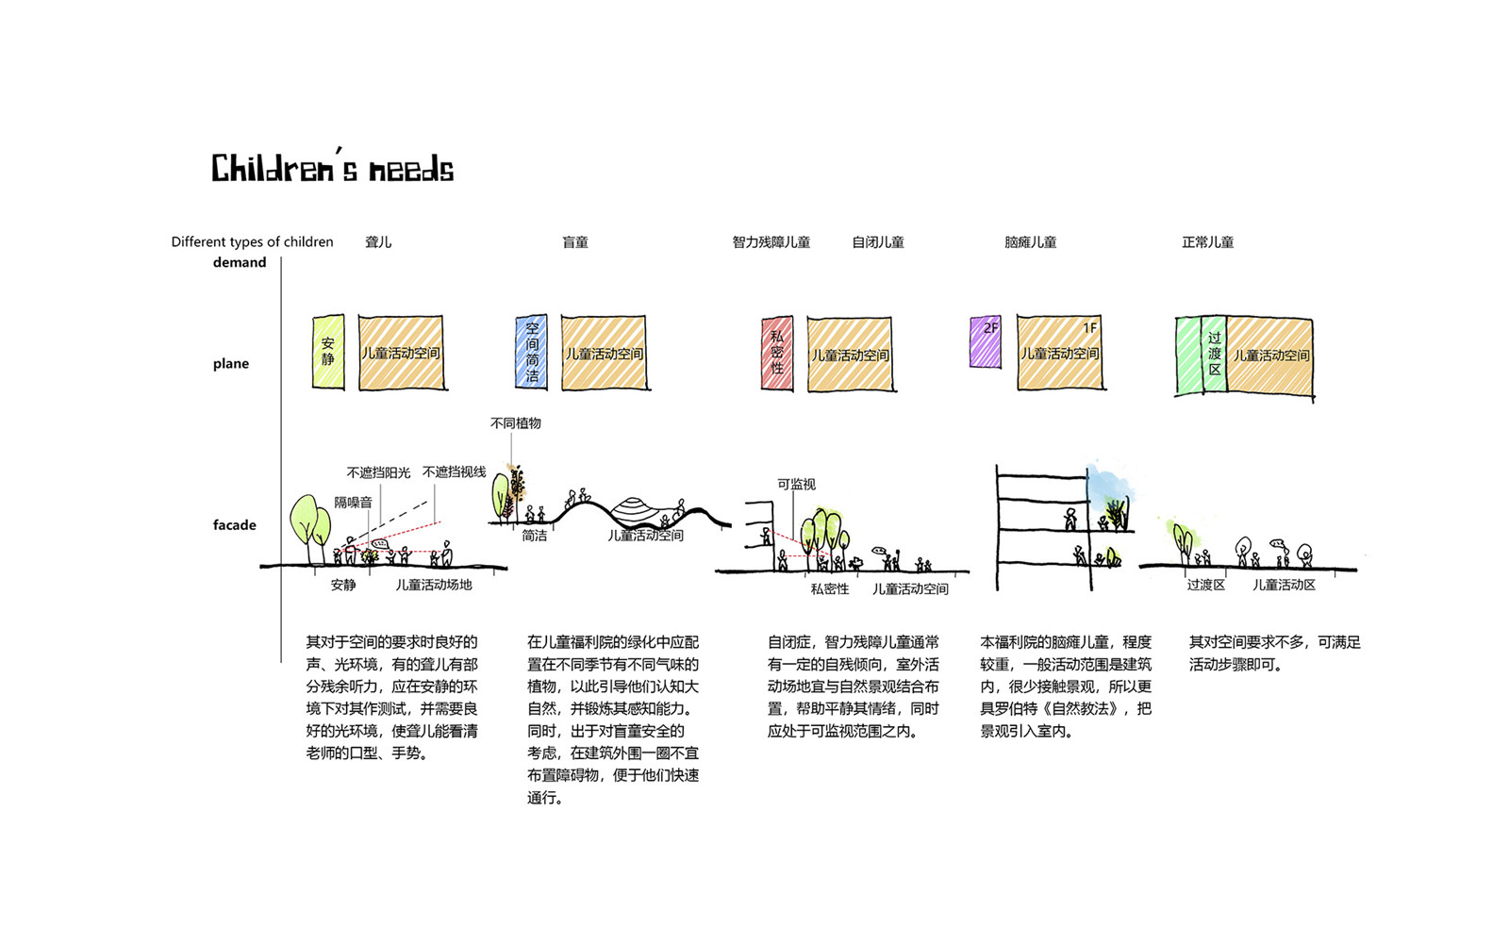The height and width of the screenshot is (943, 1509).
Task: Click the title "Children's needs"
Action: (x=332, y=169)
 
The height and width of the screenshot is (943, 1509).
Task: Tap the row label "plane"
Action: (x=231, y=364)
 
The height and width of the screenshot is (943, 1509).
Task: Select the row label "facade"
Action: (x=234, y=525)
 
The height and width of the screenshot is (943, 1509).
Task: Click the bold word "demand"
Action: (x=240, y=263)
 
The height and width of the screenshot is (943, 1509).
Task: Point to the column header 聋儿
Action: (x=378, y=242)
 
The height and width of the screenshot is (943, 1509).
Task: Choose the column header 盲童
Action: (x=575, y=242)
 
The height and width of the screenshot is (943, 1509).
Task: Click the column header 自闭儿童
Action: (x=878, y=242)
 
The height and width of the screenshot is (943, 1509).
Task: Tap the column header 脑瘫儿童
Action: (x=1030, y=242)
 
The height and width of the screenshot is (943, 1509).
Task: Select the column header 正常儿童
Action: (x=1207, y=242)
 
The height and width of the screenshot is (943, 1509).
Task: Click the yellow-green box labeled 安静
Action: (x=328, y=352)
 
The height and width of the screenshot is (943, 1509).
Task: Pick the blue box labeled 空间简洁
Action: (x=532, y=353)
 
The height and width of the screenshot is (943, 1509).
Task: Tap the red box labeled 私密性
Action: (x=777, y=354)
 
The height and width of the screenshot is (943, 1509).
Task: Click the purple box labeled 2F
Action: (x=986, y=342)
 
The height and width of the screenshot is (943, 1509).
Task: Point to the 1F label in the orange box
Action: (x=1089, y=328)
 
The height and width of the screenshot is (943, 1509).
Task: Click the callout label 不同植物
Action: (x=516, y=423)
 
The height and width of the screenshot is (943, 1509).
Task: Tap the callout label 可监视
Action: (x=796, y=485)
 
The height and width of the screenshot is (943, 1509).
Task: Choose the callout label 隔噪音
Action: (x=354, y=503)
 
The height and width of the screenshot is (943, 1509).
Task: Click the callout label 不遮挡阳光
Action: (x=378, y=472)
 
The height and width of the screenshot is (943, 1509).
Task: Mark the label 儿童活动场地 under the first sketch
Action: (x=433, y=585)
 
